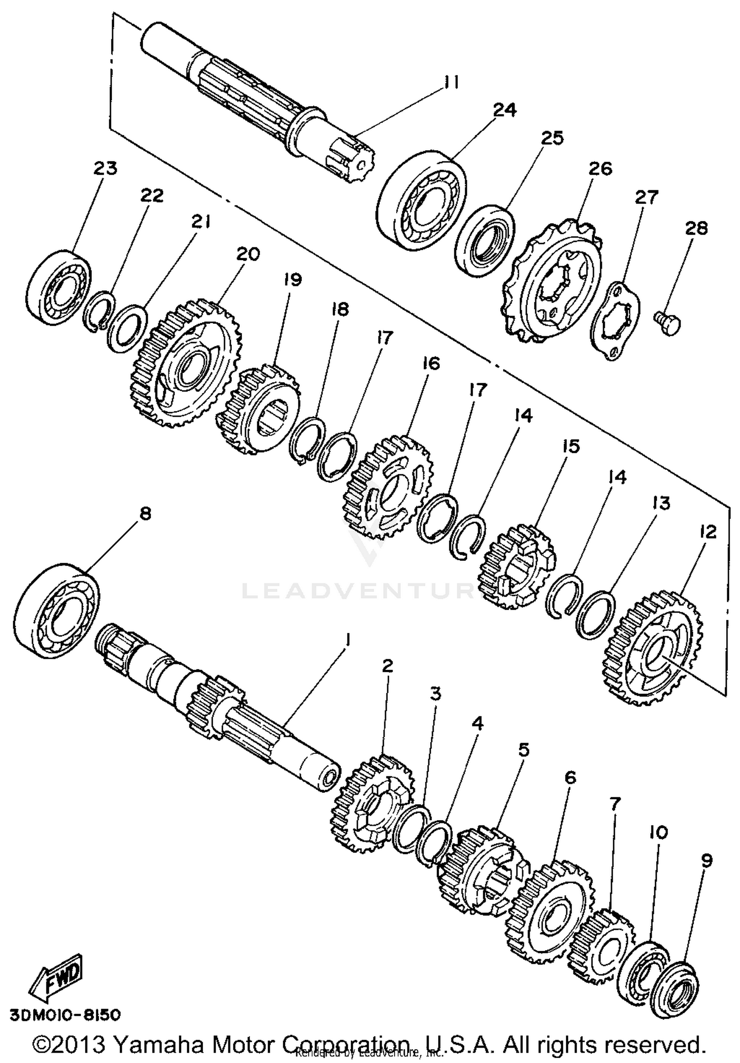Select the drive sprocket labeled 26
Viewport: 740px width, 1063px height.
coord(553,284)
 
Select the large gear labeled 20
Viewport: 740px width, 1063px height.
coord(186,363)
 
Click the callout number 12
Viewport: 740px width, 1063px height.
coord(707,532)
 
